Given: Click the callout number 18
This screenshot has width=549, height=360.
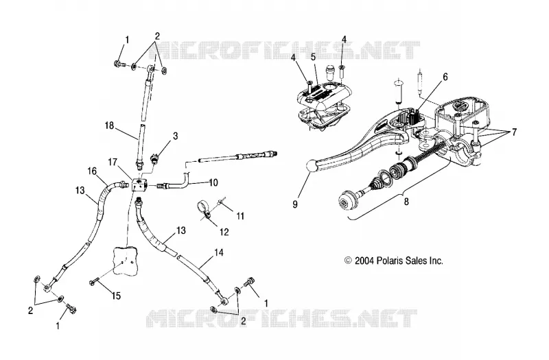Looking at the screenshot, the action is [x=110, y=125].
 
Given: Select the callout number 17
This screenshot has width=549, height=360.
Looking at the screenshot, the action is [x=113, y=163].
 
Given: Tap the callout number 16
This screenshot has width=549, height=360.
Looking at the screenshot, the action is [x=92, y=171].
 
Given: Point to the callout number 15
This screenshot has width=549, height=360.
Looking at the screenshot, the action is [x=116, y=296].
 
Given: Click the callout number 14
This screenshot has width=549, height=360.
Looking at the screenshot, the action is [x=219, y=252].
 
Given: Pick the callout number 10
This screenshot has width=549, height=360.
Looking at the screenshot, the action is [x=213, y=182].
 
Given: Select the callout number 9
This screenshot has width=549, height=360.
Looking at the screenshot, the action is [x=295, y=204].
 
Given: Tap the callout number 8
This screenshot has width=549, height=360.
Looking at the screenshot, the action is [x=406, y=202].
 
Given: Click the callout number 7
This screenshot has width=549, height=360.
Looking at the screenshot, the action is [x=514, y=132].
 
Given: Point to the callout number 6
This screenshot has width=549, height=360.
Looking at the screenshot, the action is [x=445, y=77].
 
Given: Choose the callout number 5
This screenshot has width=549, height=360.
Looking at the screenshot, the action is [x=313, y=56].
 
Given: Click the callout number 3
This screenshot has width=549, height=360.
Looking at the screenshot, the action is [x=176, y=136].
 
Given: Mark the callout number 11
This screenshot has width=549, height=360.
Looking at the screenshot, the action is [x=240, y=216].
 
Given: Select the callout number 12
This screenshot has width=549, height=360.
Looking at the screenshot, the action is [x=224, y=232].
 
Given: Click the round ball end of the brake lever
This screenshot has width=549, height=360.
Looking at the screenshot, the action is [x=312, y=165].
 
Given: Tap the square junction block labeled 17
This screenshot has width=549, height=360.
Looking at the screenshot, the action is [x=140, y=184].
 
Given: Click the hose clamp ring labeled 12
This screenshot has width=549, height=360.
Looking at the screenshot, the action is [x=202, y=208].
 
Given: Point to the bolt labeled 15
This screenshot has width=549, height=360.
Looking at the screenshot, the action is [x=94, y=280].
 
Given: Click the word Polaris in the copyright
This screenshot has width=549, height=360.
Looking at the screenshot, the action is [x=390, y=261].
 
